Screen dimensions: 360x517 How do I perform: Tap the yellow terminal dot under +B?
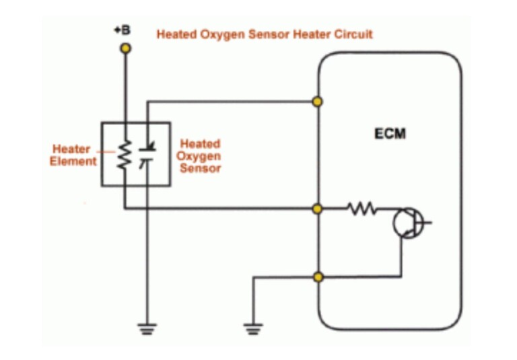[125, 48]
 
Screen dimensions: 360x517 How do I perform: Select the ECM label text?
[390, 133]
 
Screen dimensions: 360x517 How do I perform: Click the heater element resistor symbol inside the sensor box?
[124, 155]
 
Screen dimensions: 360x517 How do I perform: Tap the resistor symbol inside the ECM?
[361, 209]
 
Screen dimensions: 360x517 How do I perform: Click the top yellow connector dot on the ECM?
[318, 102]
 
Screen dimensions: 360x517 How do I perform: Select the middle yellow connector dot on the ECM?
[318, 209]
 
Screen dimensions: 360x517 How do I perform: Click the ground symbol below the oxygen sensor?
[147, 328]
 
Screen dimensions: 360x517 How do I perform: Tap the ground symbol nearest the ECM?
[253, 328]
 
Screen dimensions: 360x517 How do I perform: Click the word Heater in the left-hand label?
[71, 149]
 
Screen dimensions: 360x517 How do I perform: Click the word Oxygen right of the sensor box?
[200, 156]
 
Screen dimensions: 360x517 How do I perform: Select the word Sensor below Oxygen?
[200, 168]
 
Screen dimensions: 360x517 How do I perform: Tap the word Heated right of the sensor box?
[200, 144]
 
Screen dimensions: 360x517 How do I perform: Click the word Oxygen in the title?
[219, 34]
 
